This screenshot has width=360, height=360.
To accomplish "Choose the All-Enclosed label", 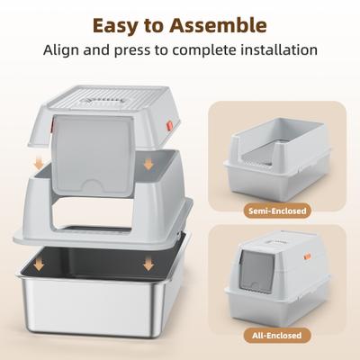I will pyautogui.click(x=278, y=337).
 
